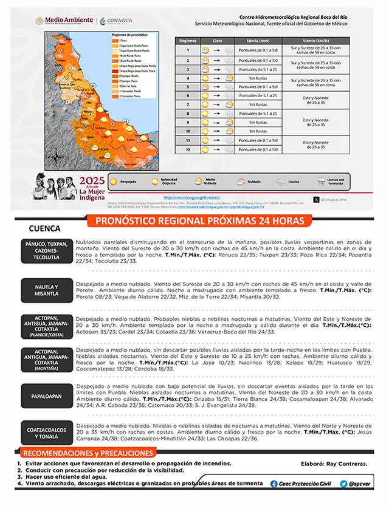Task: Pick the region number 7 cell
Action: point(188,104)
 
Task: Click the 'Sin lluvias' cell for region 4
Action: point(258,78)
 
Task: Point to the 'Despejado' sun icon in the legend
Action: point(113,181)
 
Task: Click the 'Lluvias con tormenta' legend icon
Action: point(322,181)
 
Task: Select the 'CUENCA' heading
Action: point(44,229)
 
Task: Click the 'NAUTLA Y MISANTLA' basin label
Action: point(46,290)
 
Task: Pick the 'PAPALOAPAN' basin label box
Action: point(46,396)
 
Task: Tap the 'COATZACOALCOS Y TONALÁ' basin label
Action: point(46,433)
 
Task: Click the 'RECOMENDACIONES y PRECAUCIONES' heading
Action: point(86,453)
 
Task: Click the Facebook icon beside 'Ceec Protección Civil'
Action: point(274,484)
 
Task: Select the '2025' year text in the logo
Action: point(92,180)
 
